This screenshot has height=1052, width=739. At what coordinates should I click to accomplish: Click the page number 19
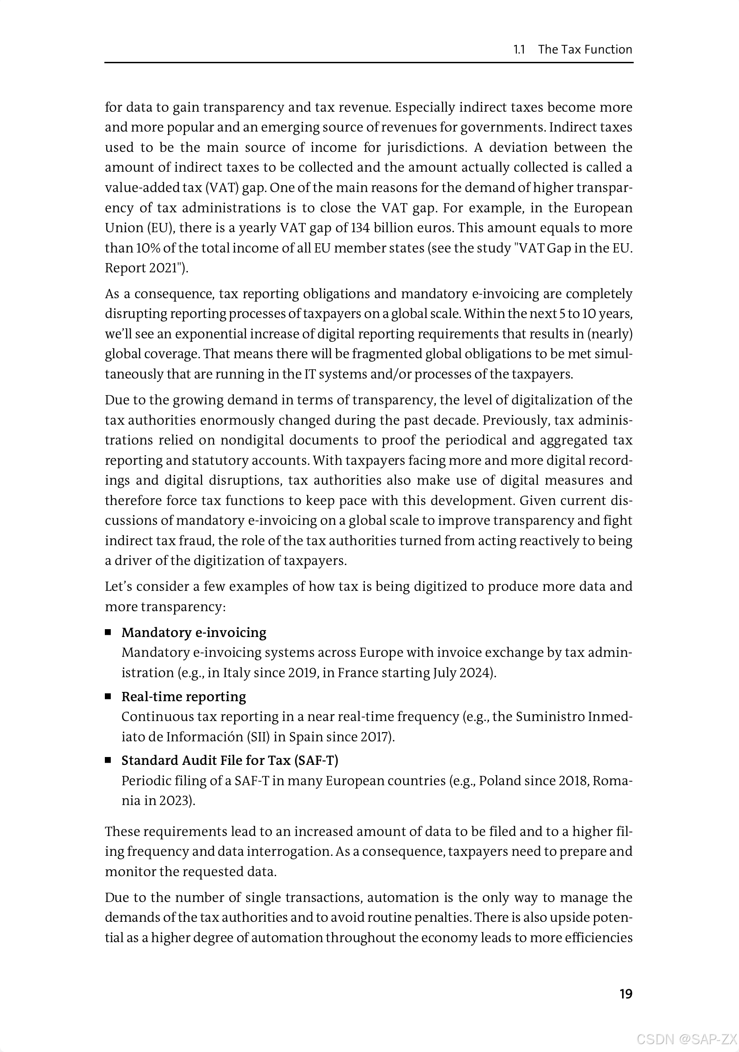point(625,994)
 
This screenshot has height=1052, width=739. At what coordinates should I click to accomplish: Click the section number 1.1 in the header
point(520,49)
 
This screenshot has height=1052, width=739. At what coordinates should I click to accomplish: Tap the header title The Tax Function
point(585,49)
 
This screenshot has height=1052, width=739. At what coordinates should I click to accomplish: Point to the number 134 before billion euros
point(361,228)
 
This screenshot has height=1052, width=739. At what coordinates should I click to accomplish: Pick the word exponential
point(213,334)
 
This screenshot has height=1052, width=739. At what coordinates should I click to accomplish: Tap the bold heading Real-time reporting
point(183,697)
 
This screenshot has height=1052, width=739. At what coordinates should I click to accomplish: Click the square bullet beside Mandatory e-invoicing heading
point(109,632)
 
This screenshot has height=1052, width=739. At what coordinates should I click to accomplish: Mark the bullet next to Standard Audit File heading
point(109,760)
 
